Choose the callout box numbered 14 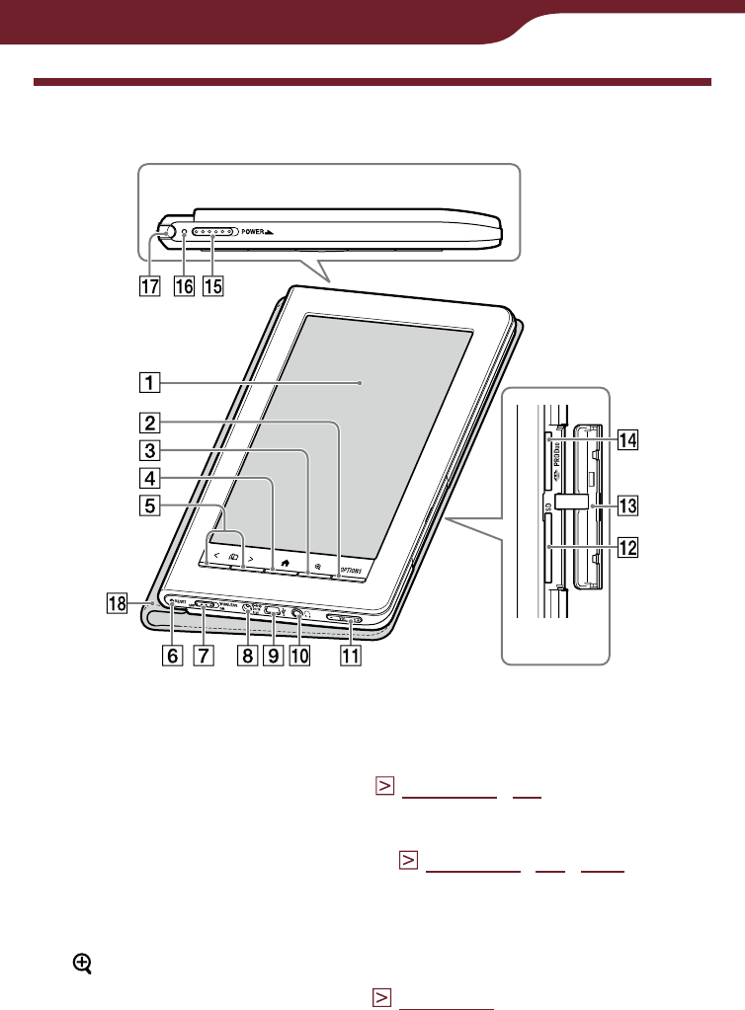626,441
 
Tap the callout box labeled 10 297,655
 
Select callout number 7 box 203,655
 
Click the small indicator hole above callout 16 183,236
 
